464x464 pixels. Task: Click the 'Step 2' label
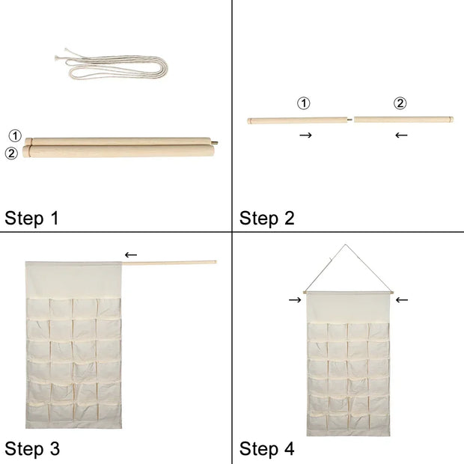(267, 219)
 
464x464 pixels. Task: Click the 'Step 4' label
(267, 449)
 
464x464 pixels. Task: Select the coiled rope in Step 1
(112, 67)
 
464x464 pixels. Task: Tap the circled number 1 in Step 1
(15, 136)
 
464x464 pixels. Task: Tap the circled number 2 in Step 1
(11, 153)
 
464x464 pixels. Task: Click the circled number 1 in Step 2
(304, 103)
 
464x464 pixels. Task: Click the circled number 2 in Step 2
(400, 103)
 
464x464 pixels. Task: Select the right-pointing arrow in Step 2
(305, 135)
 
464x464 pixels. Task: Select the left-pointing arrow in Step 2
(401, 135)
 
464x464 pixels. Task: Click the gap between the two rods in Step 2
(352, 118)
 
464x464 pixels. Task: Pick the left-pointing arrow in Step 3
(131, 255)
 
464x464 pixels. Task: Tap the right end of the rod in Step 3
(215, 262)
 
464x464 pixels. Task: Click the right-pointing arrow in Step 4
(295, 300)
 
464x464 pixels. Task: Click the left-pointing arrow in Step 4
(402, 300)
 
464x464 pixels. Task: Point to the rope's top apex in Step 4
(345, 245)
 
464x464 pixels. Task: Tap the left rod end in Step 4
(305, 291)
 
